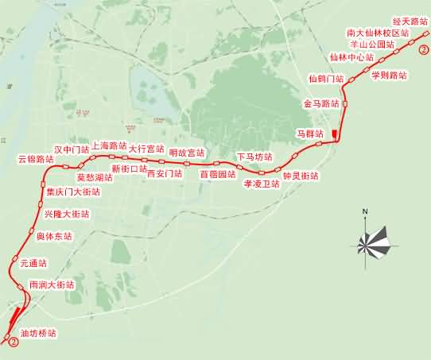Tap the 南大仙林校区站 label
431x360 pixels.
(378, 34)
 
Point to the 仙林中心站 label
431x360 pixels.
(351, 57)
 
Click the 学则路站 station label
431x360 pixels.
(389, 75)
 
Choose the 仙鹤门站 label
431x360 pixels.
(326, 79)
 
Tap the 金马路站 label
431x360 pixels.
(321, 104)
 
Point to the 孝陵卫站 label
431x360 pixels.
(262, 183)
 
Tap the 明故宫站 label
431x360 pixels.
(187, 153)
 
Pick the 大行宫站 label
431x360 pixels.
(146, 149)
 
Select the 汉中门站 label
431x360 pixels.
(72, 149)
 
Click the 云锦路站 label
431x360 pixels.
(36, 159)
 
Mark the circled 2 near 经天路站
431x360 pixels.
(424, 49)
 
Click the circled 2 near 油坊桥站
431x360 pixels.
(12, 342)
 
